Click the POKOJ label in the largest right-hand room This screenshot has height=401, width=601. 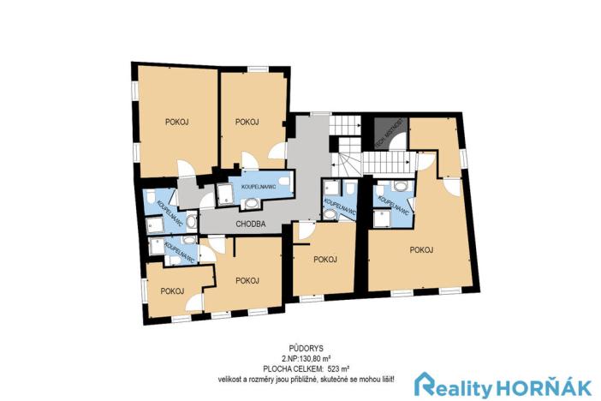pyautogui.click(x=421, y=250)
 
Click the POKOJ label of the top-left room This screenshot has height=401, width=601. pyautogui.click(x=177, y=123)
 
